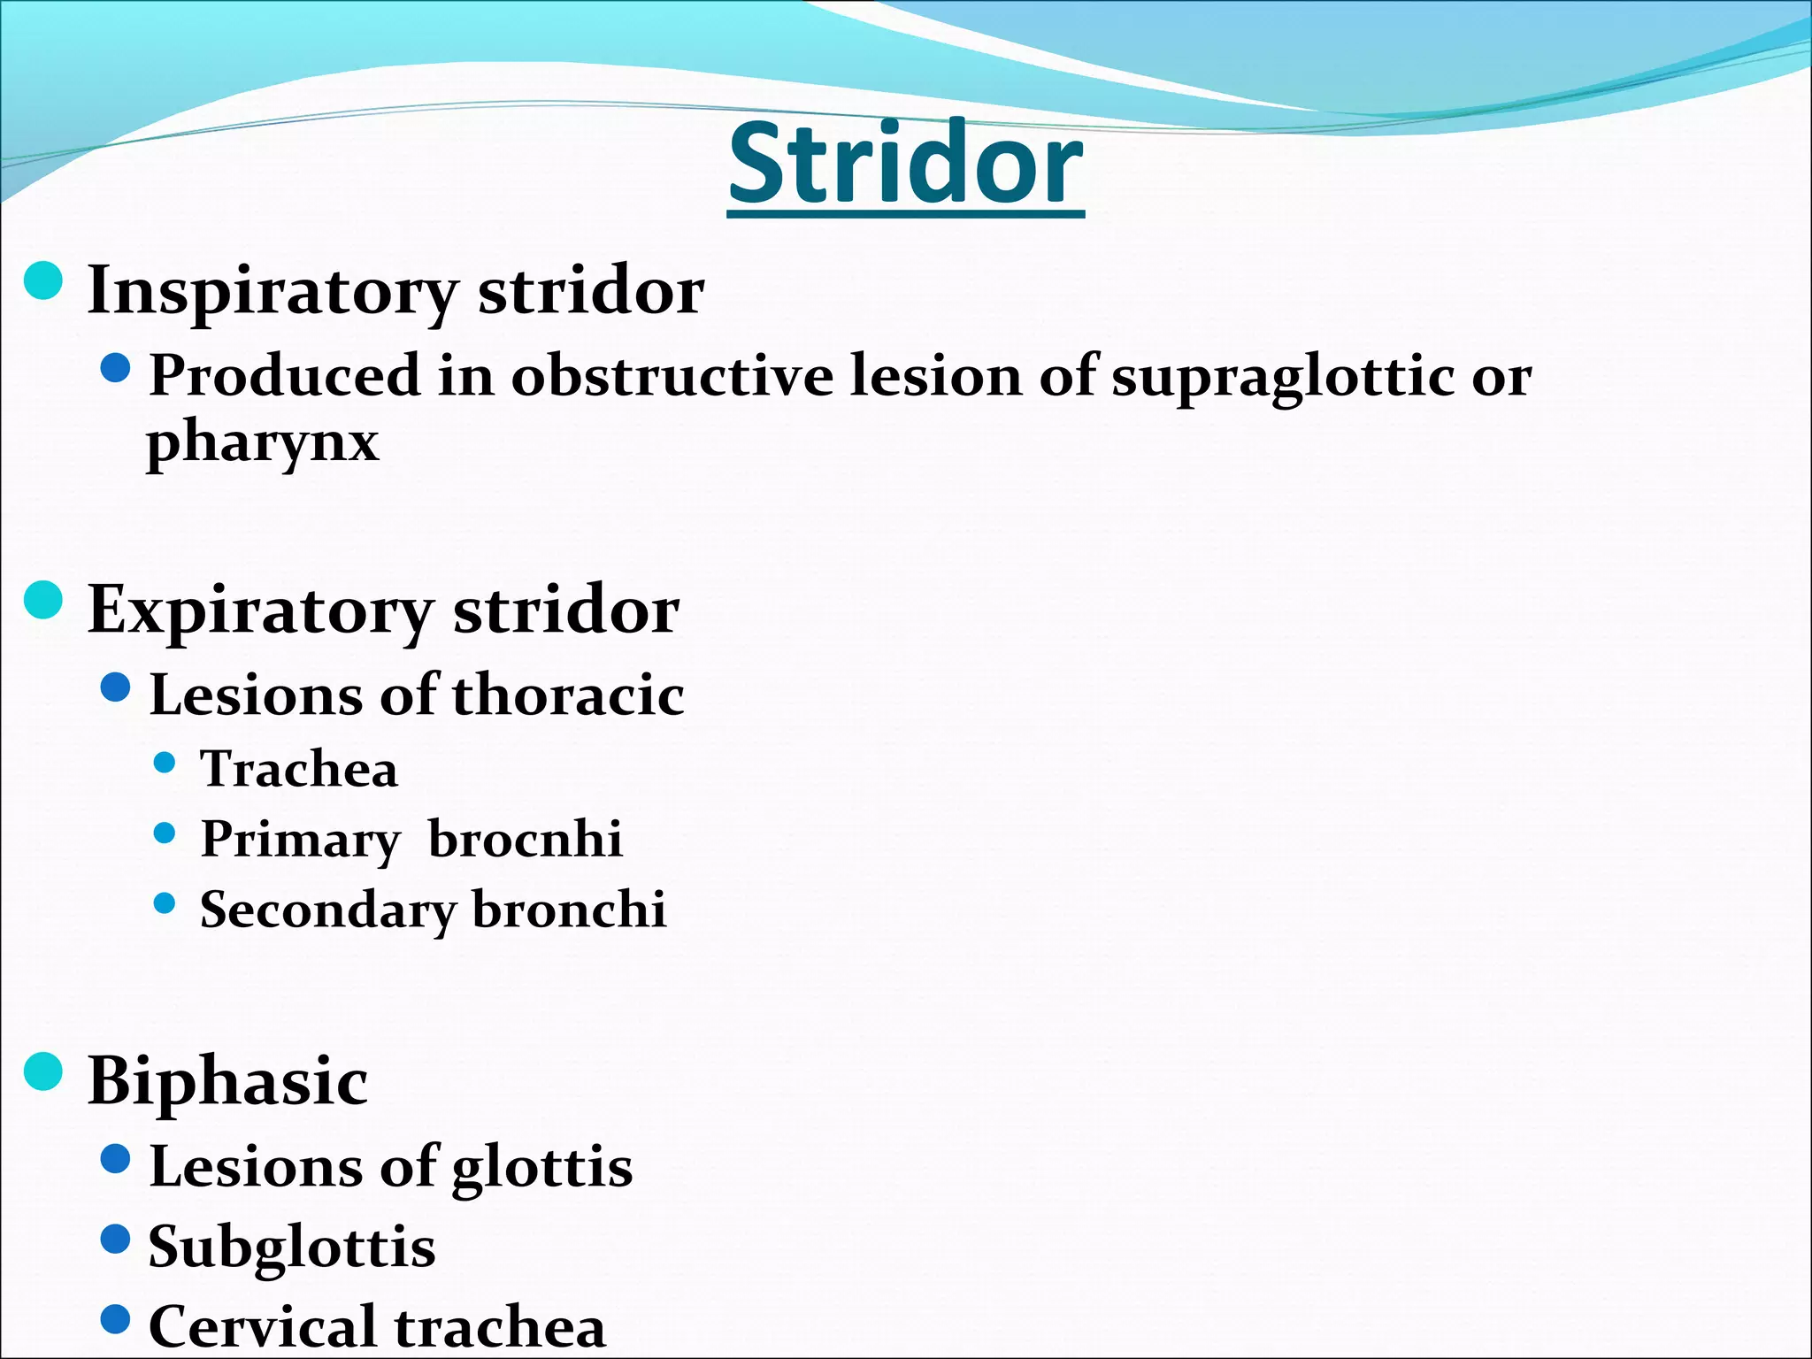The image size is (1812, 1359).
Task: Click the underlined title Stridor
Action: (x=905, y=165)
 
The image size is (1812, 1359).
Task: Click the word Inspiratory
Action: (x=273, y=292)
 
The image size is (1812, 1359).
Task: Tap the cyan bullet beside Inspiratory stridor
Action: (x=43, y=281)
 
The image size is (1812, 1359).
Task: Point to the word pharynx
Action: (x=263, y=442)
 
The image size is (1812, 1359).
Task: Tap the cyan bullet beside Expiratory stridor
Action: (x=43, y=601)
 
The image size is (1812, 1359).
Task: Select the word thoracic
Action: (x=568, y=695)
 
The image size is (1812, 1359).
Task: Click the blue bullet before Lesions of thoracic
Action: (x=116, y=687)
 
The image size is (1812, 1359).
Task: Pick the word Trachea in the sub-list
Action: (x=299, y=769)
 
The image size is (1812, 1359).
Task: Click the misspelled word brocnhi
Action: (x=526, y=839)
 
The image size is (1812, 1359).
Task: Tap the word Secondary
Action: (x=327, y=911)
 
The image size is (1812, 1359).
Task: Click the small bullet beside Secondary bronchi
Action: (x=165, y=903)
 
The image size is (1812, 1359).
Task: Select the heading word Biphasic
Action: (x=227, y=1081)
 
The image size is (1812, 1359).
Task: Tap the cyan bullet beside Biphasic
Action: (x=43, y=1071)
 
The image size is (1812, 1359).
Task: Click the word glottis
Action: (x=541, y=1168)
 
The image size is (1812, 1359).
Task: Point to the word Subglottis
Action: (x=292, y=1248)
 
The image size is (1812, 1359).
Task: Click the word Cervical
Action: (x=263, y=1326)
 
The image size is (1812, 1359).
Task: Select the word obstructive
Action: (x=672, y=376)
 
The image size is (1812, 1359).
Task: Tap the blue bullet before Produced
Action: (x=116, y=368)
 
